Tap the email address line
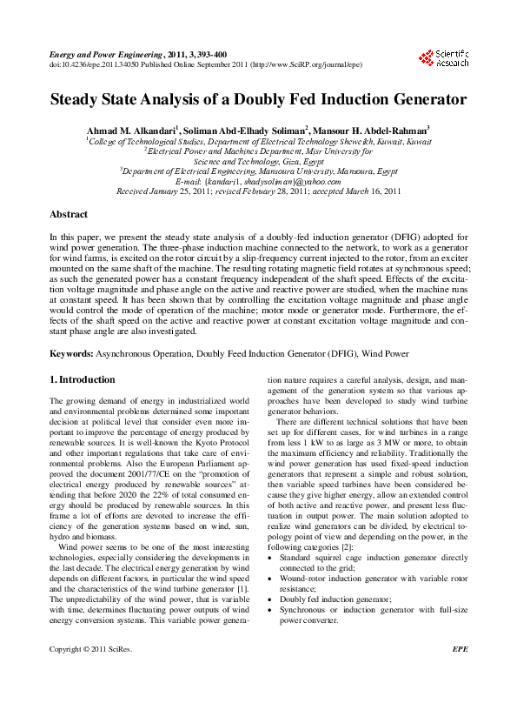pos(258,181)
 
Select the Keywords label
pos(70,354)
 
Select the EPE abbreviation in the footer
pos(460,673)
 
